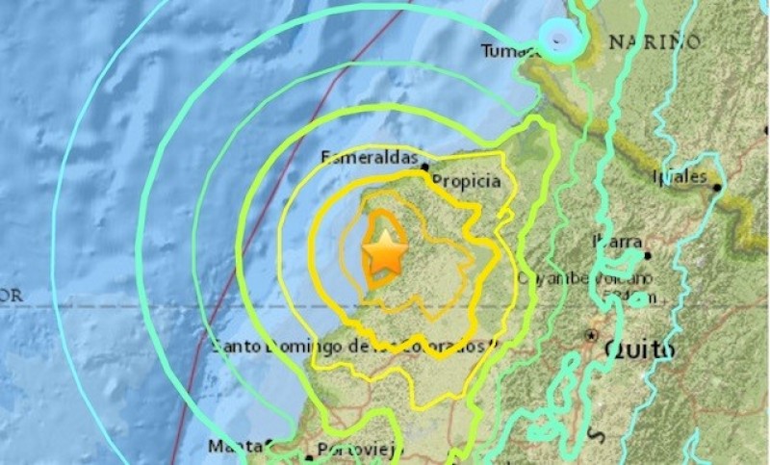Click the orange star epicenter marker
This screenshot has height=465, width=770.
385,254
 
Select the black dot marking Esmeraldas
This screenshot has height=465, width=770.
424,168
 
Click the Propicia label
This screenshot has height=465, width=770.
466,180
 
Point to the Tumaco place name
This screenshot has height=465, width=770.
507,51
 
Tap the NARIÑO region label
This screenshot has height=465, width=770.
654,41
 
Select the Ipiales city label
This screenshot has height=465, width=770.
680,177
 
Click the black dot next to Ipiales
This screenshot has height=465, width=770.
717,187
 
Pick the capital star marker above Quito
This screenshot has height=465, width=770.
591,336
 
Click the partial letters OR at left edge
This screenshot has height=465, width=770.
11,296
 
